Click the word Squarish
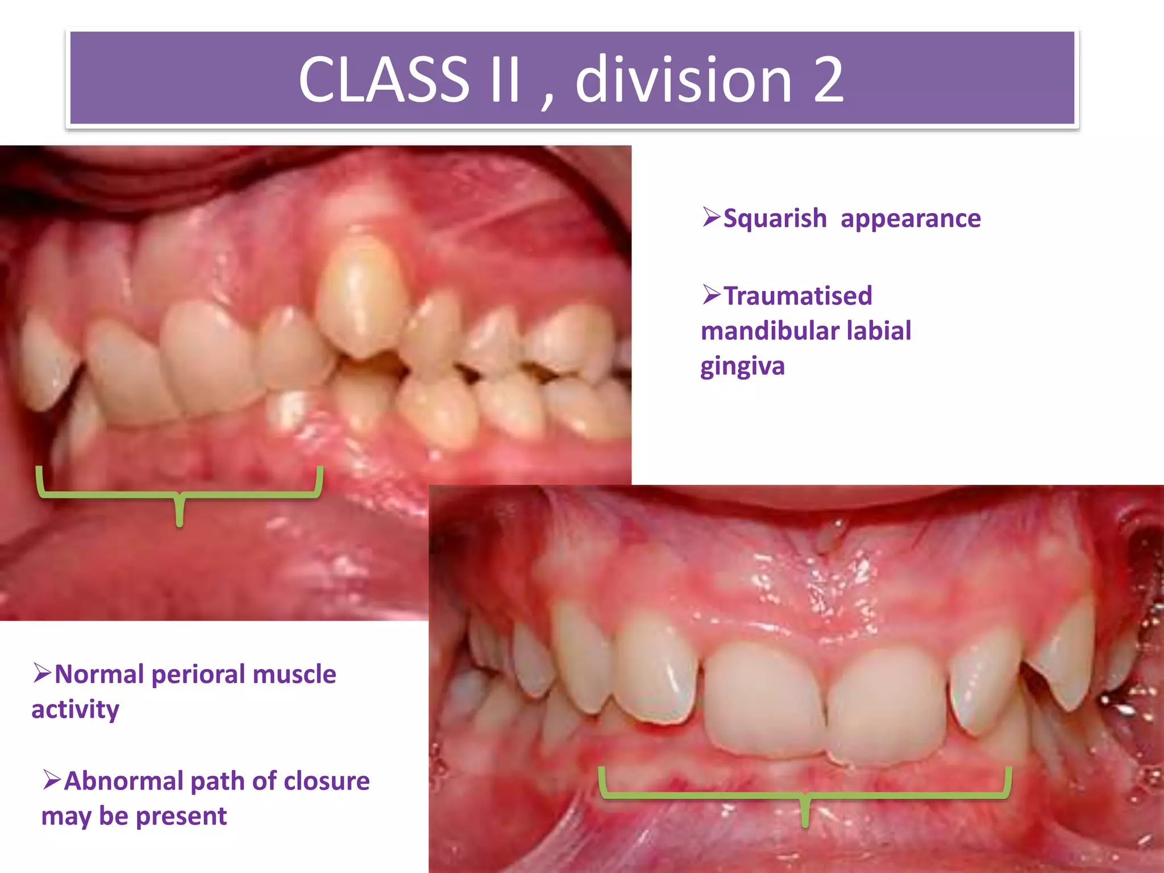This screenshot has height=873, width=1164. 775,218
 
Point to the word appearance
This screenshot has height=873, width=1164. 911,218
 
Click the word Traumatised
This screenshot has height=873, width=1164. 797,296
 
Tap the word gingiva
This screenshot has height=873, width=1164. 742,367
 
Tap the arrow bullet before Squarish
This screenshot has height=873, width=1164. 711,217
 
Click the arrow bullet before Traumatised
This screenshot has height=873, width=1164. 711,294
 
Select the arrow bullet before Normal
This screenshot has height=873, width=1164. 42,673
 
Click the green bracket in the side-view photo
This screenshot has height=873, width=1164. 180,495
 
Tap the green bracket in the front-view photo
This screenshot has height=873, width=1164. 805,795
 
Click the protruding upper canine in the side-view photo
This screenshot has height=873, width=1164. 361,296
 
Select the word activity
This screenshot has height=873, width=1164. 75,710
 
